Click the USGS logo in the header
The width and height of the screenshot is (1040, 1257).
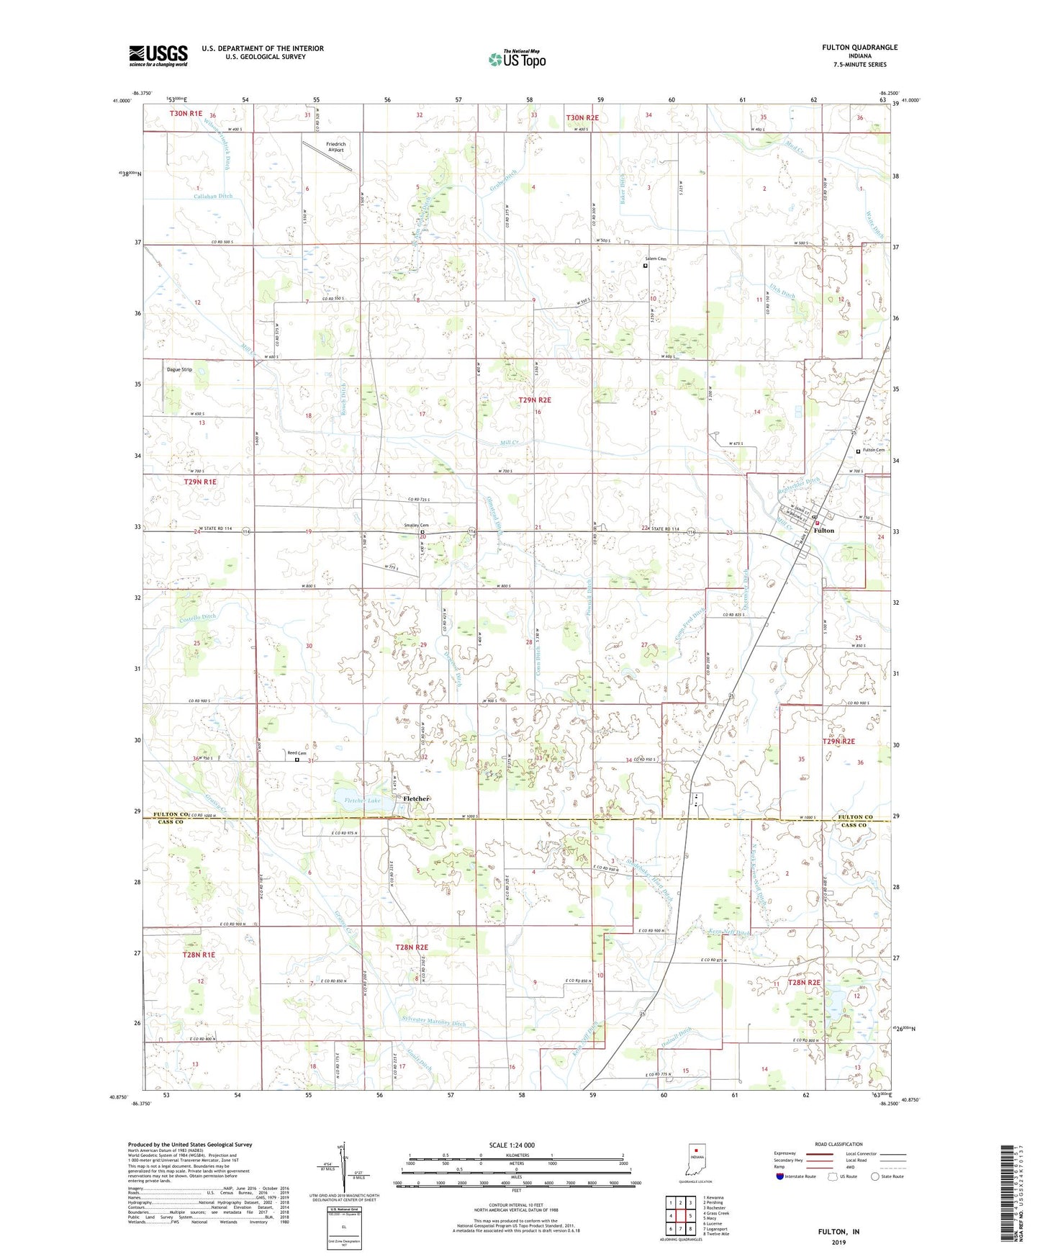158,55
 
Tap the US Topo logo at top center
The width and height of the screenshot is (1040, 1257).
517,59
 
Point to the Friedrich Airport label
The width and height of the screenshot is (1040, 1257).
335,147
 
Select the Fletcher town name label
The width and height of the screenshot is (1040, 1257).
416,798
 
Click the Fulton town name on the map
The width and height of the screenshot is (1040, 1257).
823,531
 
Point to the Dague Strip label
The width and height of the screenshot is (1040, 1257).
179,369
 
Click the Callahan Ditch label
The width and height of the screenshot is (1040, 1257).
214,196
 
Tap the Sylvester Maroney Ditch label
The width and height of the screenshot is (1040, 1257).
433,1023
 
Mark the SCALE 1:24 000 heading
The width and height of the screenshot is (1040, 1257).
512,1145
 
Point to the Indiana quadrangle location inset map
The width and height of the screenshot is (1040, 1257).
695,1158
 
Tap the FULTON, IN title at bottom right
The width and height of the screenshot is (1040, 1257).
838,1232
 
